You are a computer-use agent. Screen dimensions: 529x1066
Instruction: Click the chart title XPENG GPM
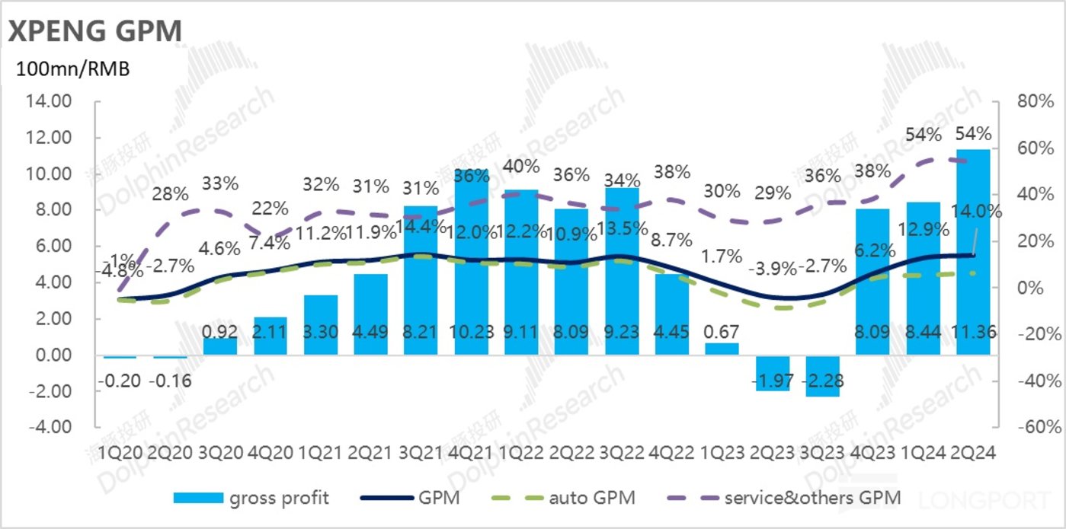coord(95,32)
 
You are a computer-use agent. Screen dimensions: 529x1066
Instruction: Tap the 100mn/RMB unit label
coord(69,70)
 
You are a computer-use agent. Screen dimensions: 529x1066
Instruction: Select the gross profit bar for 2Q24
coord(973,251)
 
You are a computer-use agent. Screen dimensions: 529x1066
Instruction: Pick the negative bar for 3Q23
coord(824,376)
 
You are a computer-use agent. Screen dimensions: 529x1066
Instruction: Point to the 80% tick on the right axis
coord(1028,101)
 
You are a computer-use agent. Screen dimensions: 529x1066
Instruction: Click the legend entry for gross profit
coord(251,499)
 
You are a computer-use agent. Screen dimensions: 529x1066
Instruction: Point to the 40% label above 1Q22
coord(521,166)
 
